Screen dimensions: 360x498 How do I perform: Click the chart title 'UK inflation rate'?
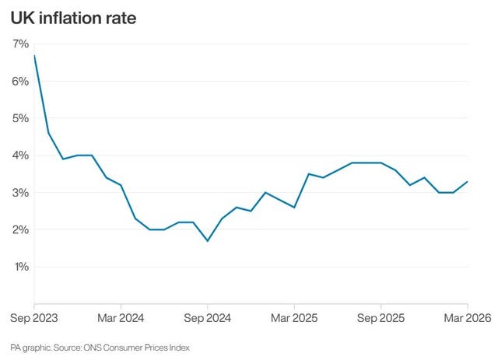point(73,17)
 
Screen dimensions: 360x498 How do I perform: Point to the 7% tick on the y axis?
point(20,44)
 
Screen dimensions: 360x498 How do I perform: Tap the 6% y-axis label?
point(20,82)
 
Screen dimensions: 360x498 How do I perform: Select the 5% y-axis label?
point(20,118)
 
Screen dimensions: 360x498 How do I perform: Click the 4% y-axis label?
point(20,156)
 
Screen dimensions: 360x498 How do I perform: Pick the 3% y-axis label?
point(20,193)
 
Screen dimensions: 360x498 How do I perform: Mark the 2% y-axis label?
point(20,230)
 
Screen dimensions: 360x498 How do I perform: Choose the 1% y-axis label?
point(20,267)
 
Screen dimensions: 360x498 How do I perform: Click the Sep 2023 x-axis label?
point(33,319)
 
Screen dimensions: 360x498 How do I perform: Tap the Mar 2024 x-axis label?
point(121,319)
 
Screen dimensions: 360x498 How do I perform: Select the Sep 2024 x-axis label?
point(208,319)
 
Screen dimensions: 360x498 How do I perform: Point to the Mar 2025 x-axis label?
point(294,319)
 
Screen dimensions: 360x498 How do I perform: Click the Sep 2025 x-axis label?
point(381,319)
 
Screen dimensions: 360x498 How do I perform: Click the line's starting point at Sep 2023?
point(34,55)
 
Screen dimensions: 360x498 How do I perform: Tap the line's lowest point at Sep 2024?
point(208,241)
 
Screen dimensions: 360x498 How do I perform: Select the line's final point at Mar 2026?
point(467,181)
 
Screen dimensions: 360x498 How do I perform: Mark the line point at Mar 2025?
point(294,208)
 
